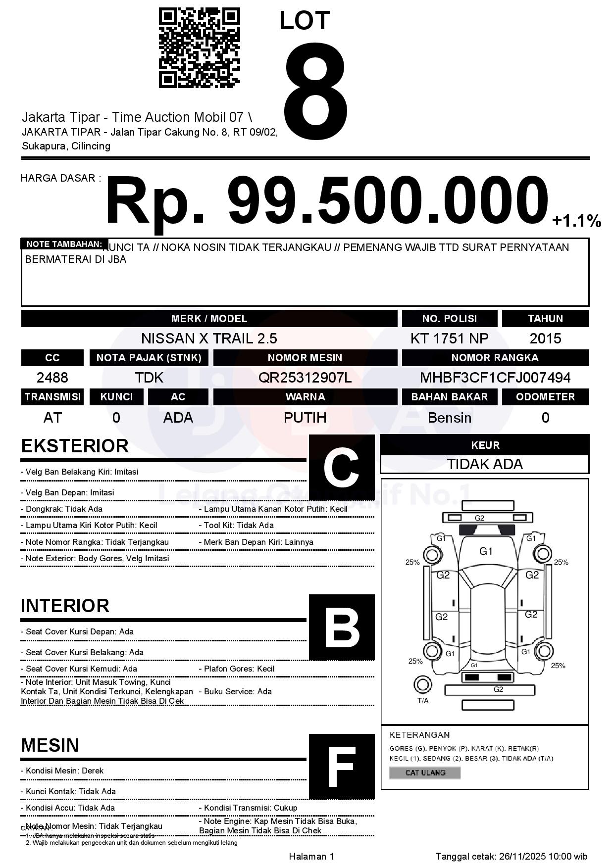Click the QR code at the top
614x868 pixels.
(x=199, y=48)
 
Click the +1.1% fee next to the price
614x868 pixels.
(x=576, y=221)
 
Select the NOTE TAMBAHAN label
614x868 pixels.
(x=64, y=244)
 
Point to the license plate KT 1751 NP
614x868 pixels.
(x=449, y=338)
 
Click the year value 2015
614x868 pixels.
(x=545, y=338)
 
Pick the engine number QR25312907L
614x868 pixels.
(x=305, y=378)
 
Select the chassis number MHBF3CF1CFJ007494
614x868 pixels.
(x=495, y=378)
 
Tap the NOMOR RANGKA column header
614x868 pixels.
(x=495, y=357)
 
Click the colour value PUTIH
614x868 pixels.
(x=305, y=418)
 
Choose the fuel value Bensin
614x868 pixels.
(x=449, y=418)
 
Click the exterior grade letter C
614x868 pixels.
(x=341, y=467)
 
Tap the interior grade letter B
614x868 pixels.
(x=341, y=627)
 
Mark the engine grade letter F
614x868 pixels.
(x=341, y=767)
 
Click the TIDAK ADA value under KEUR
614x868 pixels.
(x=485, y=464)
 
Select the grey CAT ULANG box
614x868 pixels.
(x=425, y=772)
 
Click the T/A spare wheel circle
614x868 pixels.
(x=422, y=685)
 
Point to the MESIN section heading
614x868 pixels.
(x=50, y=745)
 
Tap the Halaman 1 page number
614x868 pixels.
(x=311, y=856)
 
